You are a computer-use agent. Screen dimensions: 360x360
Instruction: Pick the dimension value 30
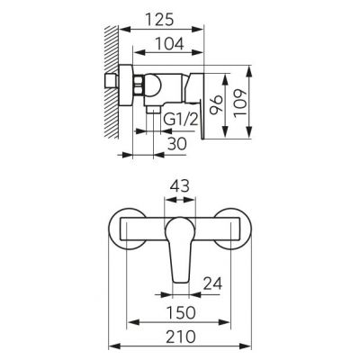[176, 144]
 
